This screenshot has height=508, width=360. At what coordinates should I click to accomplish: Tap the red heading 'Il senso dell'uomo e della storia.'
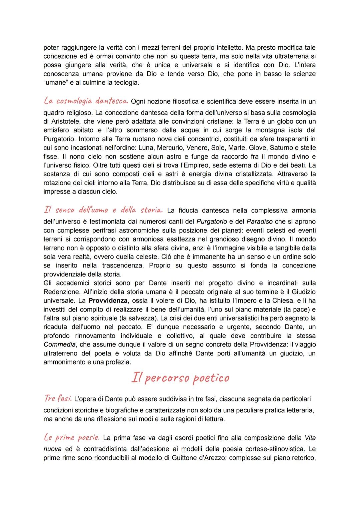point(103,210)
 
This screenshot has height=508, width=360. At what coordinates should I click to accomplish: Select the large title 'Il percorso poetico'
point(180,378)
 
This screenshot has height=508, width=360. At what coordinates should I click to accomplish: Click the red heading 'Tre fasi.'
point(58,398)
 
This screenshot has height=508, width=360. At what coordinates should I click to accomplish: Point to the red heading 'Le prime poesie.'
point(71,437)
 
